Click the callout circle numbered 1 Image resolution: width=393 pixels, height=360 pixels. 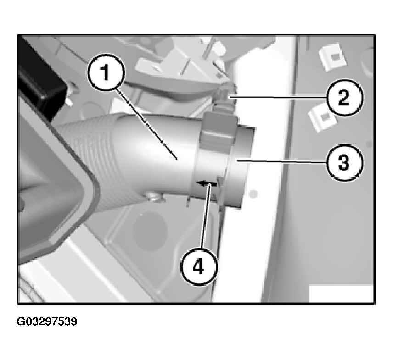[x=106, y=73]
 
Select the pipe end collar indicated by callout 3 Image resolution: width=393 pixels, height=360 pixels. [x=241, y=165]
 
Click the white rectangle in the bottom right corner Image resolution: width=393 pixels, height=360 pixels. [x=341, y=294]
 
